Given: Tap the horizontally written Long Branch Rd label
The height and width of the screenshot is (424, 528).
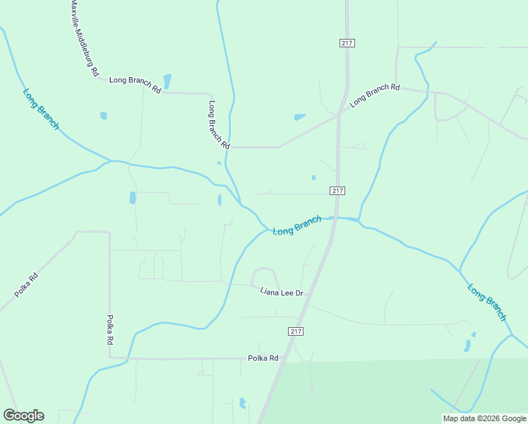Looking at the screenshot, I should click(135, 85).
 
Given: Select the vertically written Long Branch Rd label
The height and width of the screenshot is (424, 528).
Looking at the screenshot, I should click(219, 124).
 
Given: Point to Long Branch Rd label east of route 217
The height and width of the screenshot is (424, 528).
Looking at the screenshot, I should click(375, 95).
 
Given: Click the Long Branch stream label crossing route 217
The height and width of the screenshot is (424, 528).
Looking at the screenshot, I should click(297, 226).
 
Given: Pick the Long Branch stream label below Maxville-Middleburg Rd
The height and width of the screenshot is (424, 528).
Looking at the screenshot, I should click(41, 109).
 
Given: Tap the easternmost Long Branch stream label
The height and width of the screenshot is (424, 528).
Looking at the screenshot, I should click(487, 302).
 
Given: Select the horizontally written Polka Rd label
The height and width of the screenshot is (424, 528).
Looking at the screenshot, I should click(263, 358).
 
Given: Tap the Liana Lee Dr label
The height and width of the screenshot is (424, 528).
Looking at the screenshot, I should click(282, 292).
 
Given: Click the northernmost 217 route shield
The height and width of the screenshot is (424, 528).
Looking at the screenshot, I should click(347, 43).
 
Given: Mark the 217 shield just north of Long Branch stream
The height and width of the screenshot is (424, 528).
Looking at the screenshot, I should click(337, 191).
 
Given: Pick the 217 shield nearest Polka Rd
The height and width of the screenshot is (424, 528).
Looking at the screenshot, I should click(296, 331).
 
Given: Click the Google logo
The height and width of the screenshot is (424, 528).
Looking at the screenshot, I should click(23, 416).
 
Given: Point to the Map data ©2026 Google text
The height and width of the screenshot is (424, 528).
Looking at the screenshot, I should click(484, 418).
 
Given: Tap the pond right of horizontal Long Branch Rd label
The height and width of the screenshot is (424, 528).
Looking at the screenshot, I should click(167, 81).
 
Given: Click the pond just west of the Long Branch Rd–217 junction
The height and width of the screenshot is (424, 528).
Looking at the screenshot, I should click(300, 117).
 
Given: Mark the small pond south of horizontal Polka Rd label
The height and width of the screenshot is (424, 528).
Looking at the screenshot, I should click(243, 403).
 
